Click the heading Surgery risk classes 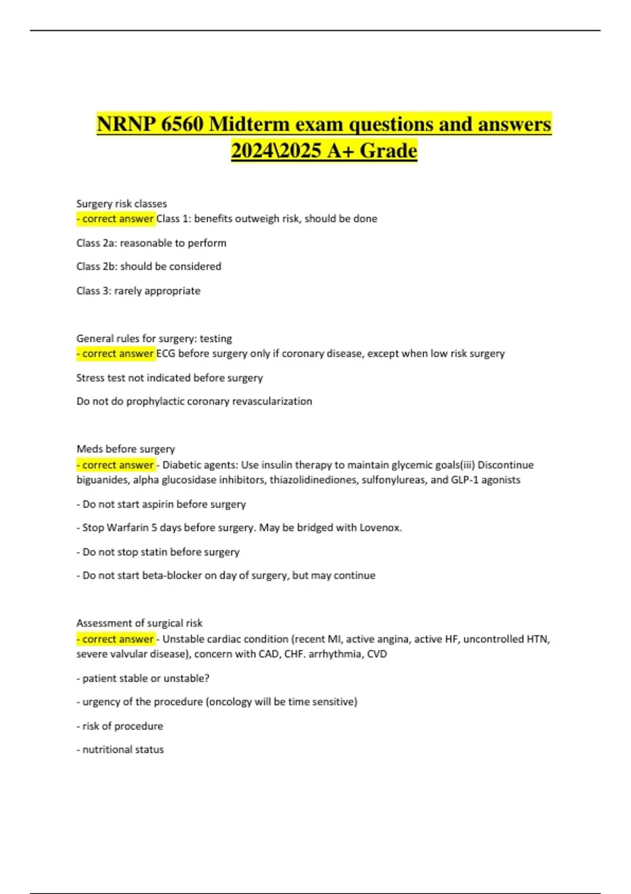[121, 204]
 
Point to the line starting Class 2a [151, 243]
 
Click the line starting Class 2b [149, 267]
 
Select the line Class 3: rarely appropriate [138, 291]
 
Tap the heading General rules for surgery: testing [154, 339]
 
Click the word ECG [166, 354]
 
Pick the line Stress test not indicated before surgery [169, 378]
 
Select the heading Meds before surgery [126, 449]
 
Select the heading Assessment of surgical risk [139, 623]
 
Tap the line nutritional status [123, 750]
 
